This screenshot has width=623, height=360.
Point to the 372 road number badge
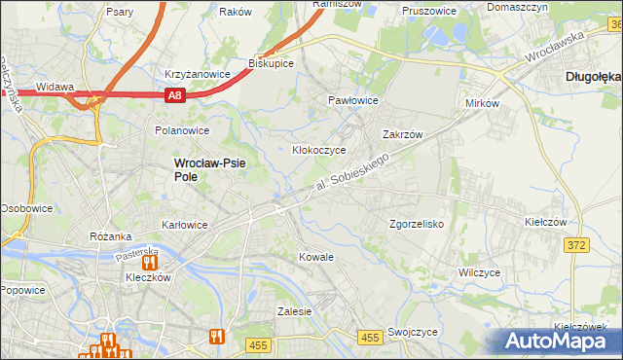point(575,245)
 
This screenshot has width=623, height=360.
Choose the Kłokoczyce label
point(319,151)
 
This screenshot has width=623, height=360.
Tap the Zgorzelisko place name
point(417,223)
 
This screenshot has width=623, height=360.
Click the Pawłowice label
point(352,100)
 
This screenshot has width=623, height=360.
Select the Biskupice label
point(272,63)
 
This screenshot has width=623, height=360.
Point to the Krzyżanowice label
point(197,74)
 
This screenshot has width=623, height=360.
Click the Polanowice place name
point(182,129)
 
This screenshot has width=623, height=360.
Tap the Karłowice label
point(184,225)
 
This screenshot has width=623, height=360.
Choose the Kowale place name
point(316,257)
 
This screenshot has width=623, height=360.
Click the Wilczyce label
point(479,272)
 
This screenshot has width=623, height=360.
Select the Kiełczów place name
point(545,222)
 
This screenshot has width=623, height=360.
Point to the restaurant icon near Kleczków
point(150,261)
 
